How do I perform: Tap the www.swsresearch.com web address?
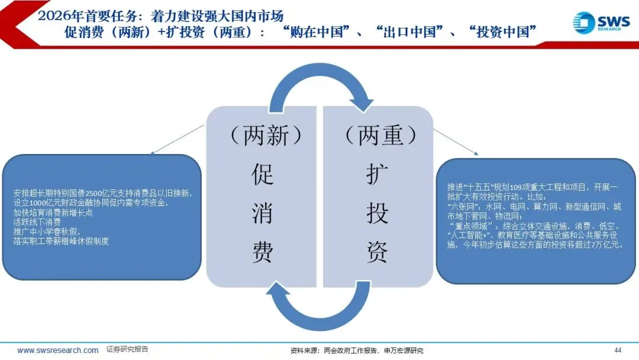point(58,351)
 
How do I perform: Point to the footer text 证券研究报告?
point(127,350)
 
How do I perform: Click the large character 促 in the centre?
point(263,175)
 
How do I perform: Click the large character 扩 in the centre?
point(377,175)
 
